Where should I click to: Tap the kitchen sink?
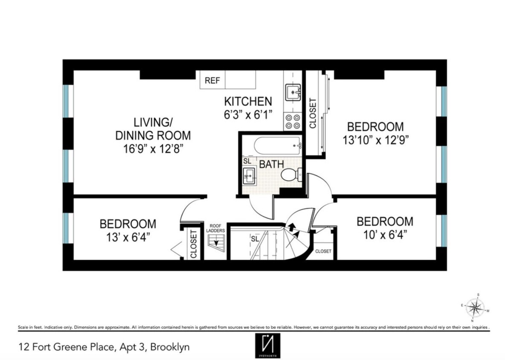click(x=293, y=91)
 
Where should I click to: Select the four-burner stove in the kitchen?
click(x=293, y=122)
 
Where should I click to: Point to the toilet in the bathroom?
click(x=291, y=174)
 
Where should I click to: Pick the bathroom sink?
click(x=249, y=175)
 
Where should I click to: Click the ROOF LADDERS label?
click(x=217, y=228)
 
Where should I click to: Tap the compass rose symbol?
click(x=475, y=307)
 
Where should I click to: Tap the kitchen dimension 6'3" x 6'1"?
click(x=248, y=115)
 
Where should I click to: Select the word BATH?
click(x=271, y=164)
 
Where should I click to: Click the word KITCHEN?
click(x=248, y=102)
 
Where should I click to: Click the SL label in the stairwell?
click(x=255, y=239)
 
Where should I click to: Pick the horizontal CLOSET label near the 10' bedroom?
click(x=323, y=251)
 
